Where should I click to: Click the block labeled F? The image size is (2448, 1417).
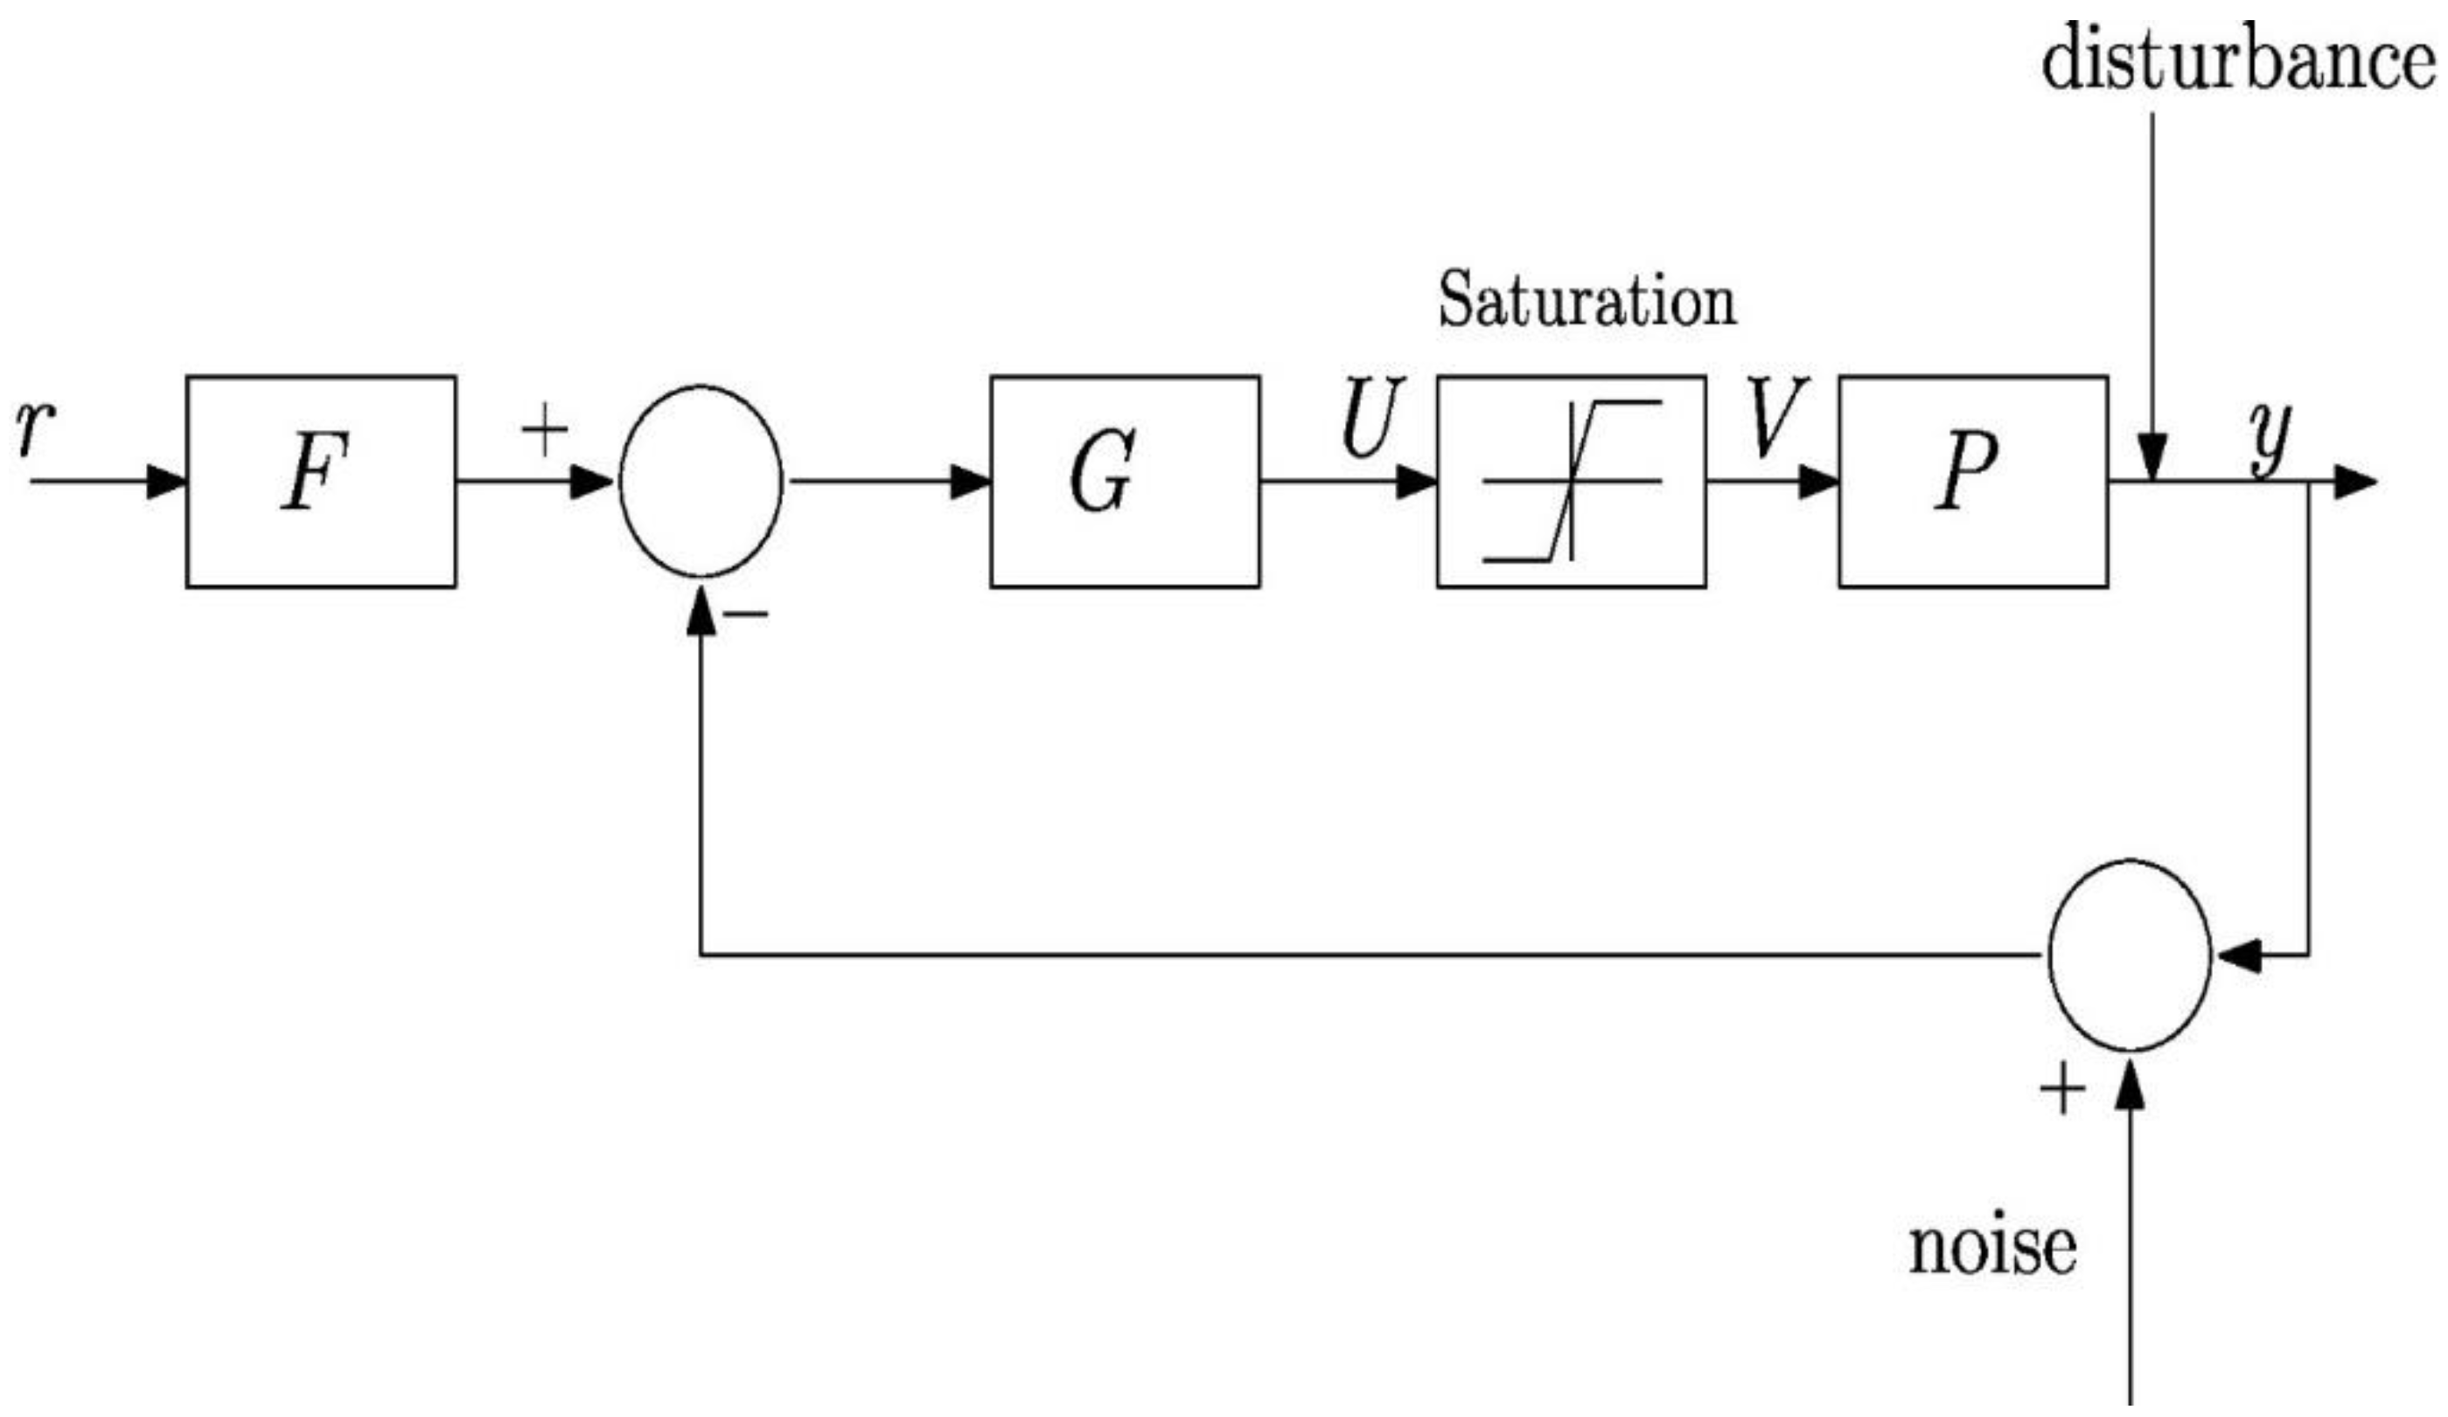click(321, 482)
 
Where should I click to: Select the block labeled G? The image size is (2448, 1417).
click(1125, 482)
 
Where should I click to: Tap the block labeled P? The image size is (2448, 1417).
click(1973, 482)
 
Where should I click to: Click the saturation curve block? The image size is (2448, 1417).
click(1571, 482)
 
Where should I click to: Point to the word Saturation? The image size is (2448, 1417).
click(1587, 301)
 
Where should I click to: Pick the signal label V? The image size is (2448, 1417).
click(1776, 418)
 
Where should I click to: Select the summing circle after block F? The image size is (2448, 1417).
click(701, 482)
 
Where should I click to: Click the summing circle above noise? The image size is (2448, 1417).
click(2130, 955)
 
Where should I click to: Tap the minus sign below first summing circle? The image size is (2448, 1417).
click(747, 614)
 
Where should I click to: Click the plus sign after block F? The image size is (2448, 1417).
click(545, 431)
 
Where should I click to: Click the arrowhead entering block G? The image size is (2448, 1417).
click(969, 482)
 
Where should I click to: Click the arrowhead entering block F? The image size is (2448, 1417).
click(165, 482)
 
